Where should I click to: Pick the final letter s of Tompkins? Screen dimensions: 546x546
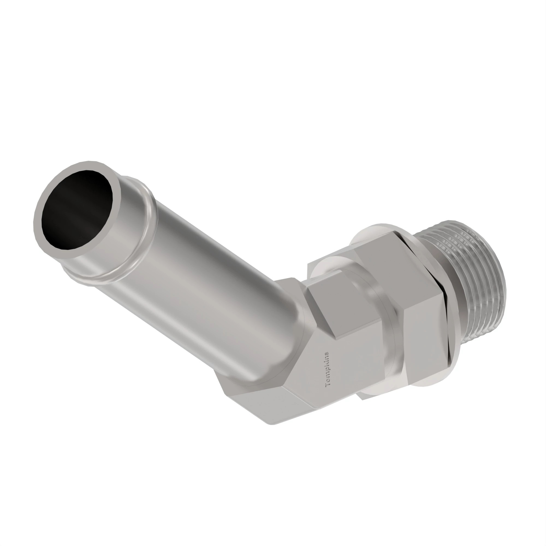coord(327,354)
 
